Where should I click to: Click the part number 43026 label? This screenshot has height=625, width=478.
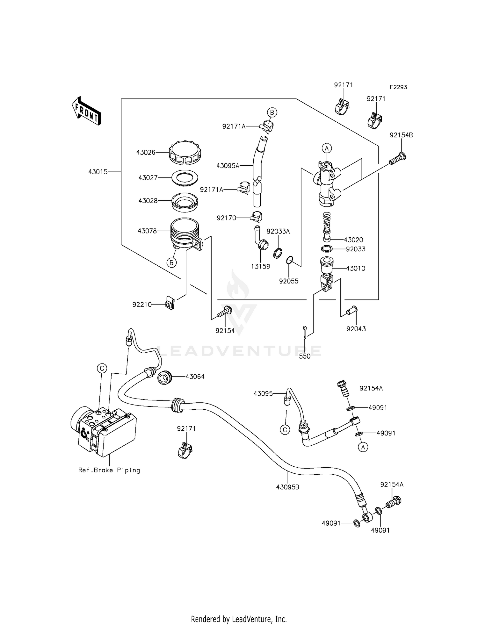point(146,153)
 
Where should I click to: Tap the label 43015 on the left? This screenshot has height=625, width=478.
point(98,172)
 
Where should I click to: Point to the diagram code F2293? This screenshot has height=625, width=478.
point(398,87)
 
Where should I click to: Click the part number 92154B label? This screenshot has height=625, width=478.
point(401,135)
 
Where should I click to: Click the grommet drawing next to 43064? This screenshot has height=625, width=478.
point(165,377)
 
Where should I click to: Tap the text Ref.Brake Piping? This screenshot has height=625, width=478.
point(109,470)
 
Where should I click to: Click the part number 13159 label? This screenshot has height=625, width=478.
point(260,266)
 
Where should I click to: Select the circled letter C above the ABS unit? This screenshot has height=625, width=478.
point(102,369)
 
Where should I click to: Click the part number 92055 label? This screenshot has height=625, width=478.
point(289,281)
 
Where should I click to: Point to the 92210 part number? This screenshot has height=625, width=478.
point(142,305)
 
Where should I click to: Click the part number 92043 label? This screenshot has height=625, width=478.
point(356,329)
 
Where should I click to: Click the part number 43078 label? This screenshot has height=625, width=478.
point(147,231)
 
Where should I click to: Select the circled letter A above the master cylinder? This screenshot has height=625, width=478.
point(327,148)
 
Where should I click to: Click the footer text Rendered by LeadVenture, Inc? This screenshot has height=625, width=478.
point(239,619)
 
